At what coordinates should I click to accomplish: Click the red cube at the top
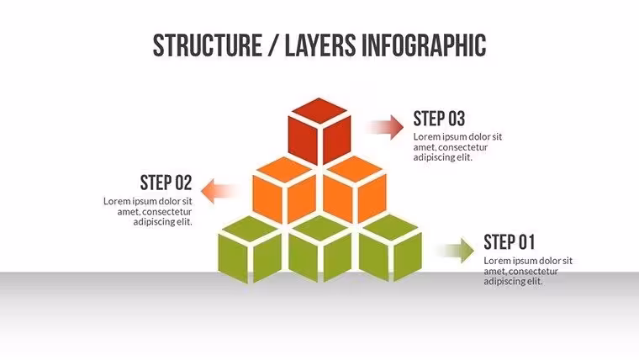coord(319,131)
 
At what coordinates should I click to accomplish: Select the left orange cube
coord(284,190)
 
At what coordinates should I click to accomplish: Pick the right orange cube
coord(355,190)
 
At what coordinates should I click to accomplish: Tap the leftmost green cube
coord(250,250)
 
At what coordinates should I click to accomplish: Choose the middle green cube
coord(319,250)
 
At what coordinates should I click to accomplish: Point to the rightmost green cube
coord(390,249)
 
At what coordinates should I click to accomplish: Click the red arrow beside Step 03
coord(385,127)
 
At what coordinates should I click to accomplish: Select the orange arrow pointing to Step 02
coord(220,191)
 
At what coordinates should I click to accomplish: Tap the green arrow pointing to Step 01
coord(455,250)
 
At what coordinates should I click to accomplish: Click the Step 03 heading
coord(439,119)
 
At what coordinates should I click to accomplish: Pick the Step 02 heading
coord(166,183)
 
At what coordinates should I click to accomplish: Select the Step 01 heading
coord(509,242)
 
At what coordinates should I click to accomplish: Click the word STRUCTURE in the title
coord(207,45)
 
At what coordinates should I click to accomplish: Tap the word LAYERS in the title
coord(319,45)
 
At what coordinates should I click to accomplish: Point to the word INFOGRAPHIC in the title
coord(424,45)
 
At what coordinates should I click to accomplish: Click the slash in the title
coord(273,45)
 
